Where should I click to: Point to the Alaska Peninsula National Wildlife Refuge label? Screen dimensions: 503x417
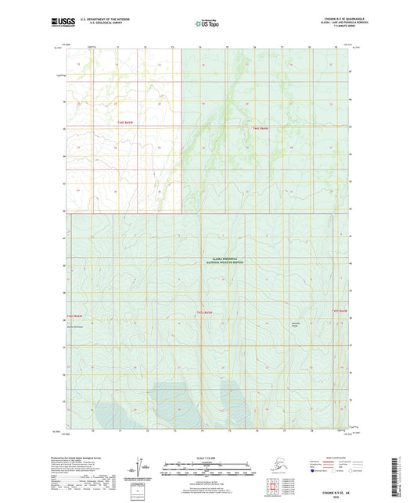pos(225,262)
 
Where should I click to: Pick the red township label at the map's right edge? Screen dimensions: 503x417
pos(339,310)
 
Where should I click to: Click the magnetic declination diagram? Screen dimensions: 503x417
pos(143,467)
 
